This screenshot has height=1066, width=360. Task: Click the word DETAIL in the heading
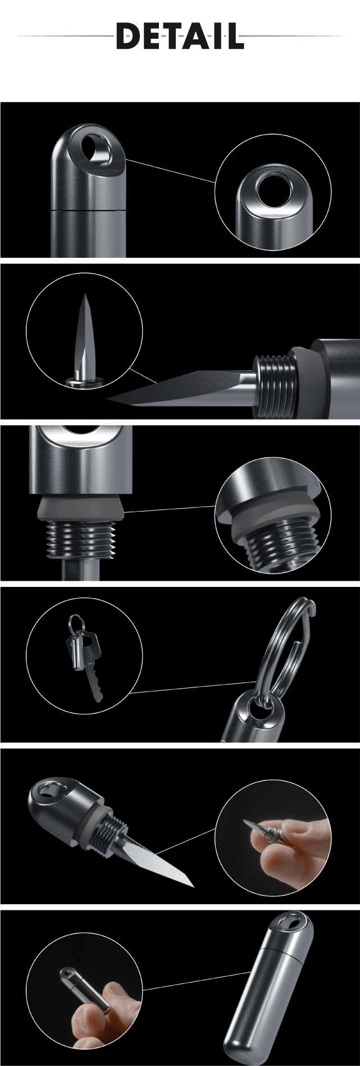tap(180, 36)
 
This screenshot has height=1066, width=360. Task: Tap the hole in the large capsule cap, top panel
tap(95, 149)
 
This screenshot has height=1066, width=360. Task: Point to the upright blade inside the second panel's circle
tap(85, 337)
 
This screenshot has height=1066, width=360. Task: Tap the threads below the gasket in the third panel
tap(81, 541)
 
